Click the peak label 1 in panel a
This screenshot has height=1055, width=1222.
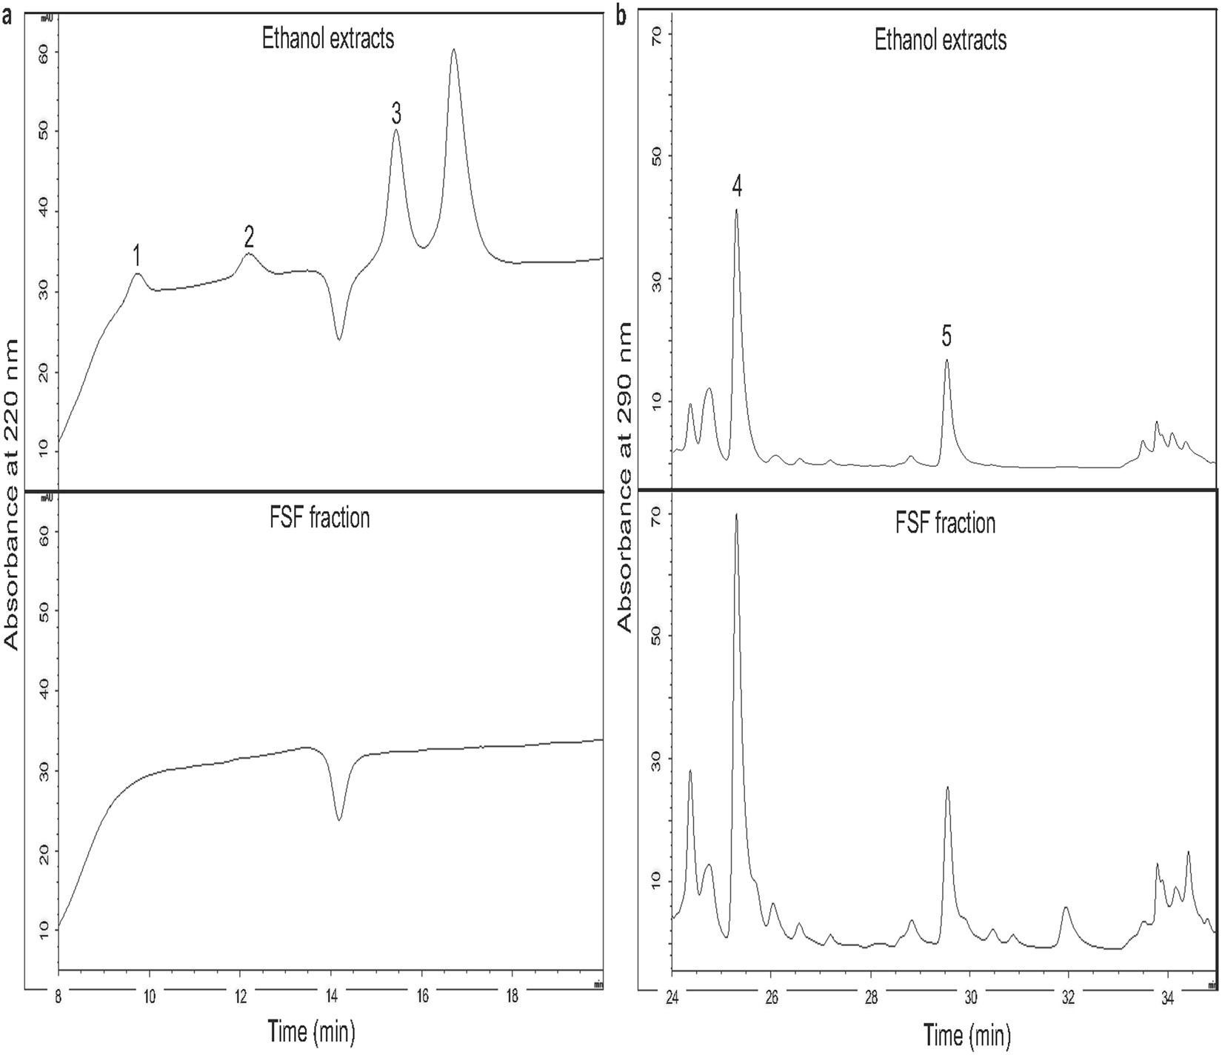(136, 256)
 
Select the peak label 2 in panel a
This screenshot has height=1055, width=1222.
(249, 237)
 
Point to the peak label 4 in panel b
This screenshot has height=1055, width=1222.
(736, 187)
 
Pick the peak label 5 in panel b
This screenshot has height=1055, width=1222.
(946, 336)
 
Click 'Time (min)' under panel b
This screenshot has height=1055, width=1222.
(967, 1034)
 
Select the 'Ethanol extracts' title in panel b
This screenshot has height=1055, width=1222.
(941, 39)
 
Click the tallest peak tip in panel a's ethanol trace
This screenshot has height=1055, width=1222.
(454, 50)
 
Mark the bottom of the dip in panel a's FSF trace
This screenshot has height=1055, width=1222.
(339, 819)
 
